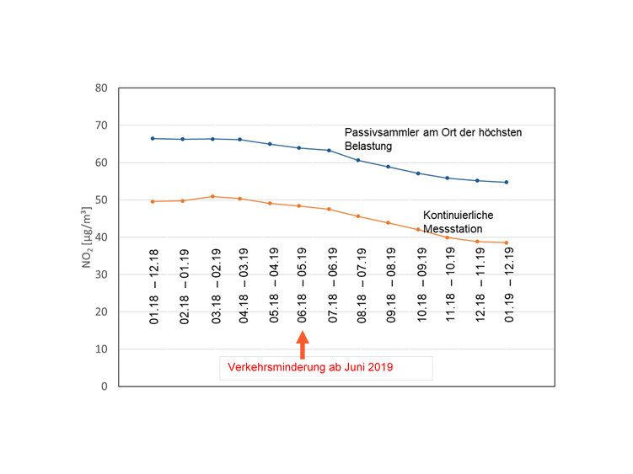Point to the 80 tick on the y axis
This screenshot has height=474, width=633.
pos(101,88)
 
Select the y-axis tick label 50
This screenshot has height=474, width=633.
pos(101,200)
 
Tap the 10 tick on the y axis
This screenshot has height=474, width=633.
pos(101,349)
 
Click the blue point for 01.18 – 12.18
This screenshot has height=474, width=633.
pos(153,138)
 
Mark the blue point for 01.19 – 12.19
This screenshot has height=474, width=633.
pos(507,182)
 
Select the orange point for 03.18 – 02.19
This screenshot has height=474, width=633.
pos(213,196)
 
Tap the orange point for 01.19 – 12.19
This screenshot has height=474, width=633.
pos(507,242)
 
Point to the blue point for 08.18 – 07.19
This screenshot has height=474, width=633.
pos(359,160)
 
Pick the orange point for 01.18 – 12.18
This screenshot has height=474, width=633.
pos(153,201)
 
